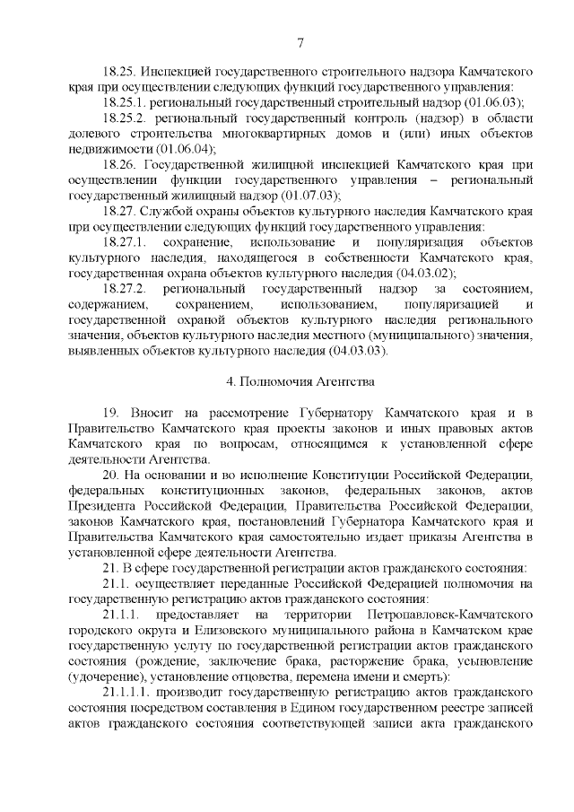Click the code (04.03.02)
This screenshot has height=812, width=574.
point(423,274)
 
